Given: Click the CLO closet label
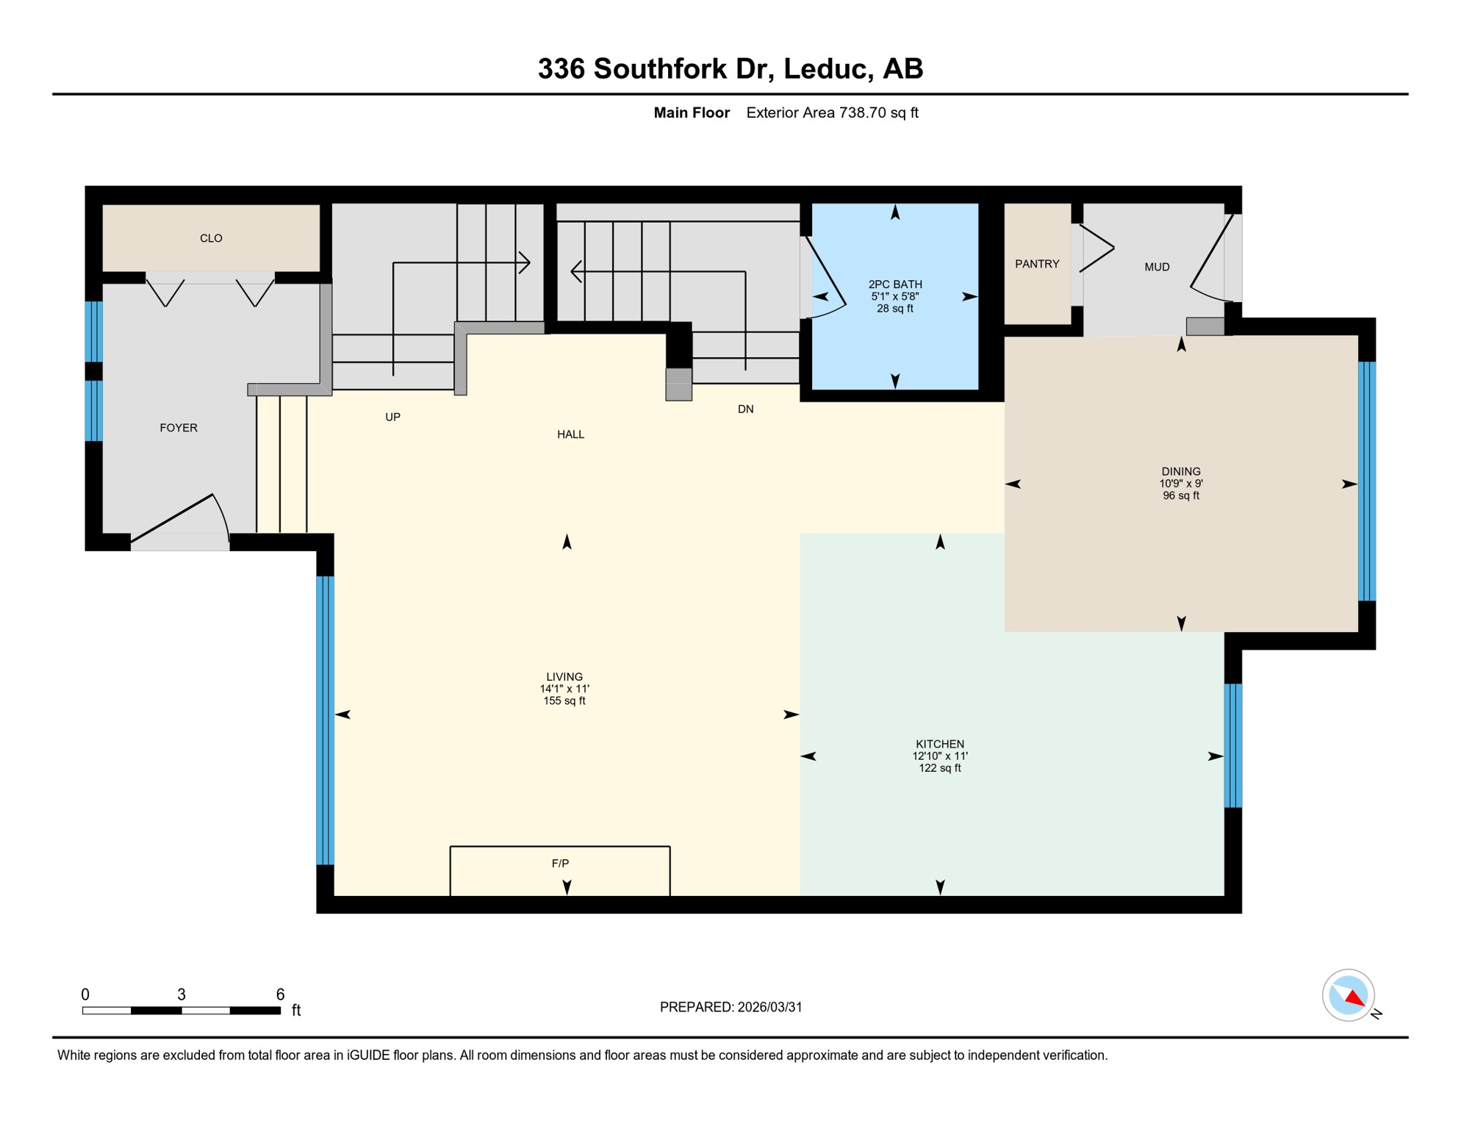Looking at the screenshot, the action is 211,238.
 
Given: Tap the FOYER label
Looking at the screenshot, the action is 179,428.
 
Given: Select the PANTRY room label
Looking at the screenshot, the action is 1037,264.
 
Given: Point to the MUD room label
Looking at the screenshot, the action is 1157,267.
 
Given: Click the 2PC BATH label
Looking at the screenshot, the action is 895,284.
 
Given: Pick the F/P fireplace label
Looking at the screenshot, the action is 560,863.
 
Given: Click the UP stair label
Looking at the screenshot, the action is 393,417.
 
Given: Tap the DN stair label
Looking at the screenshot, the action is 745,409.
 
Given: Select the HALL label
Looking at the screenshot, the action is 570,434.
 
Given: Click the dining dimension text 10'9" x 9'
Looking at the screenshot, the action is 1181,484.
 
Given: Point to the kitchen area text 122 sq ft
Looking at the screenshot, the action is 940,768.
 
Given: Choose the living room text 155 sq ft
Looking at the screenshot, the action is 564,700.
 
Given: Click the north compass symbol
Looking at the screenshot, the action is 1349,996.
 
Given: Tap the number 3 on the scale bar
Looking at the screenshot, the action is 182,994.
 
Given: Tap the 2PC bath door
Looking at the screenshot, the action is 825,278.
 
